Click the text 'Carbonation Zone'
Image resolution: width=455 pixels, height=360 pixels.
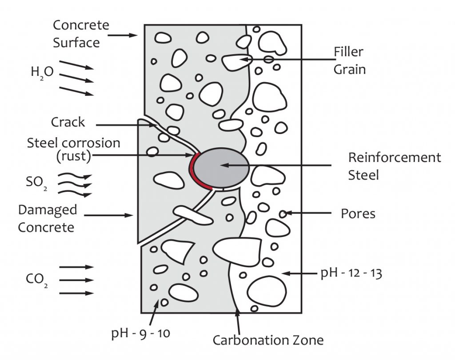[267, 340]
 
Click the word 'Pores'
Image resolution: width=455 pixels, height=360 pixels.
[358, 214]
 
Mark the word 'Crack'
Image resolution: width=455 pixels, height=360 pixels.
[68, 122]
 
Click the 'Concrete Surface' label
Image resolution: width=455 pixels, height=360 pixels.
[80, 33]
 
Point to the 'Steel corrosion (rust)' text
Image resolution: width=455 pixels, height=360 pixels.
[74, 149]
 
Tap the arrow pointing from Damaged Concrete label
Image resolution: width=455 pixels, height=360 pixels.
[109, 215]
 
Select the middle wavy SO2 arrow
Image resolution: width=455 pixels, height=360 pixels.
[80, 185]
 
